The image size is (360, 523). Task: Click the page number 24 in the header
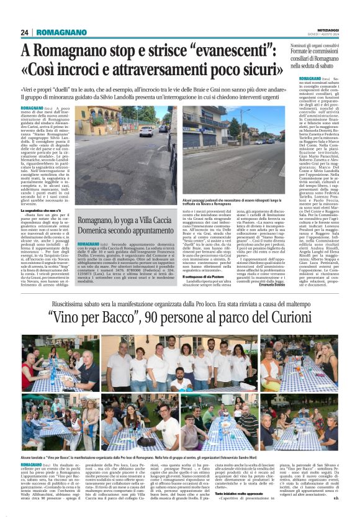click(x=24, y=32)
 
